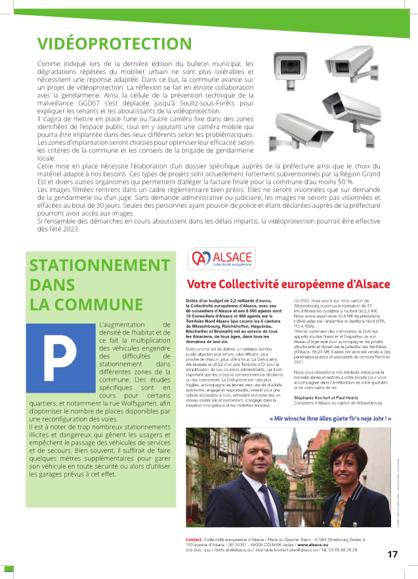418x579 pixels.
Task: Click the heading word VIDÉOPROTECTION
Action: (x=114, y=44)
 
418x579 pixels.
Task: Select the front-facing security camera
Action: (x=289, y=65)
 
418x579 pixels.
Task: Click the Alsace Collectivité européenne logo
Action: (x=212, y=258)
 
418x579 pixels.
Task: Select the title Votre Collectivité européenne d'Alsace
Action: (x=288, y=285)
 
